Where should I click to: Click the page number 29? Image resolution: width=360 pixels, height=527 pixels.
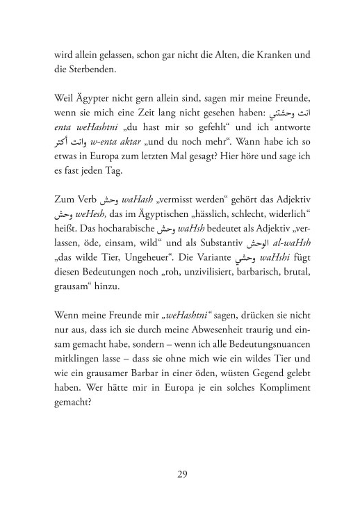point(181,475)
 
